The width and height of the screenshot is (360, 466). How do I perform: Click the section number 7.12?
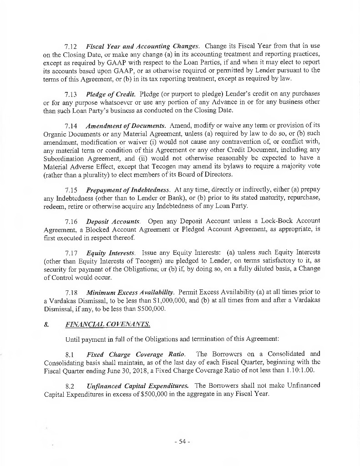[x=72, y=46]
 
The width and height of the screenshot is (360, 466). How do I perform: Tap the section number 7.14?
[x=72, y=126]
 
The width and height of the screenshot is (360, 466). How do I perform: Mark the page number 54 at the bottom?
[x=181, y=441]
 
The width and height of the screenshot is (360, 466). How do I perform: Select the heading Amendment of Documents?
[x=125, y=126]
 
